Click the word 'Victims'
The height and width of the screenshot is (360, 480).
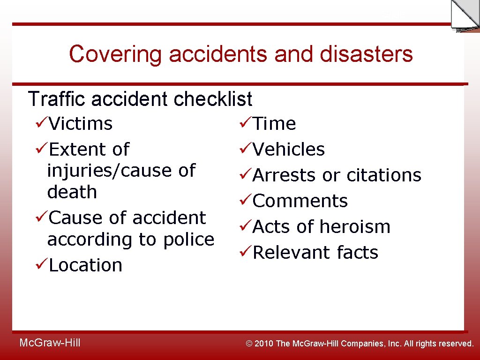81,124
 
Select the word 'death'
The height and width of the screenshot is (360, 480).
72,192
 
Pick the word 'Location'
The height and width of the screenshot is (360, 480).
85,265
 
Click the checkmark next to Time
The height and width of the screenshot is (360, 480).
245,123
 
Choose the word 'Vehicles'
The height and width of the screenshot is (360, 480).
289,150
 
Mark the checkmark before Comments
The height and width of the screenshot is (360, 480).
245,201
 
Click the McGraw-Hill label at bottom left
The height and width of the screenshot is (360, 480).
50,343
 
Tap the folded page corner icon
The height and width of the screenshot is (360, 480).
464,15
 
